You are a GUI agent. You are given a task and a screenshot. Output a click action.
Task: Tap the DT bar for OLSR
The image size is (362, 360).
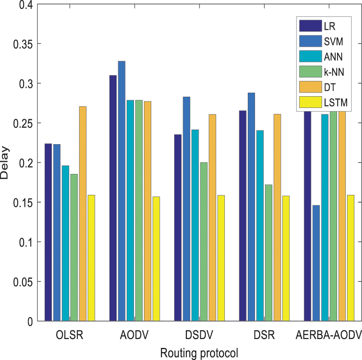coord(82,214)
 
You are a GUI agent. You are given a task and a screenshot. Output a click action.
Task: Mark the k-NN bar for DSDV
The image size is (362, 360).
coord(204,242)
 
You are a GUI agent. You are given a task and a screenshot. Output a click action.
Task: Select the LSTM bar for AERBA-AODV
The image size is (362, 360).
coord(350,258)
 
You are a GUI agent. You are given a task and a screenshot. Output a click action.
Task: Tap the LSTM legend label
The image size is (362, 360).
coord(335,103)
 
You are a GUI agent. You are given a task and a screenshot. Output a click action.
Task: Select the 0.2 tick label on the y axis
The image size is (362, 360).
coord(27,163)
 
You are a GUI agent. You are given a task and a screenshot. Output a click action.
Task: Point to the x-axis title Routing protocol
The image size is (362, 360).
coord(200,353)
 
